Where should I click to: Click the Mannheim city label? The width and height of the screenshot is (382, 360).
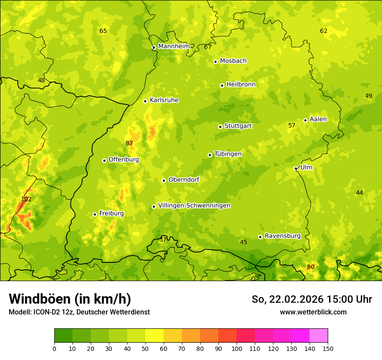174,46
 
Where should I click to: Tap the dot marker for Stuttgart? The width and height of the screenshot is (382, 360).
220,127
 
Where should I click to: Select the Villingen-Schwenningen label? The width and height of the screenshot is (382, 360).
194,206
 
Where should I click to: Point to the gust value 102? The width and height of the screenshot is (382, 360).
26,199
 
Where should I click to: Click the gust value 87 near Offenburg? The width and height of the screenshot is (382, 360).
129,143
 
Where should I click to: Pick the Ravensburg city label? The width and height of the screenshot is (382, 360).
283,236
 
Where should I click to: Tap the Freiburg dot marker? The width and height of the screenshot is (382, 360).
95,214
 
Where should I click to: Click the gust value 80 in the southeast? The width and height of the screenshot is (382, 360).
311,267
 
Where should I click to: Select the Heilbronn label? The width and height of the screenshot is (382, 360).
241,85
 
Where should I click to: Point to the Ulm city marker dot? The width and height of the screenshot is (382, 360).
296,168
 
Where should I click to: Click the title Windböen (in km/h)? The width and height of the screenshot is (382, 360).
70,299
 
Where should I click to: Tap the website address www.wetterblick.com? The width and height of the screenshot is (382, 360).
313,312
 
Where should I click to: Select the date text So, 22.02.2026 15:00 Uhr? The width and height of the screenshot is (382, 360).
312,299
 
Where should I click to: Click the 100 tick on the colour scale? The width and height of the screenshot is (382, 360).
237,348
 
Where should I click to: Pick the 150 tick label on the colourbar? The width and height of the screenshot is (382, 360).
328,348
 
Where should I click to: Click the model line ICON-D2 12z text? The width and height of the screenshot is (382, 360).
79,312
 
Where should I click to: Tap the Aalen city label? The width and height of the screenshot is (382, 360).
318,119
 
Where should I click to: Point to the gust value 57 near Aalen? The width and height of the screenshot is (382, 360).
292,125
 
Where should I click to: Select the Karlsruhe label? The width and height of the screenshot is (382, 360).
164,100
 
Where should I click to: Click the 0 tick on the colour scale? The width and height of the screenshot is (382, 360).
54,348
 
